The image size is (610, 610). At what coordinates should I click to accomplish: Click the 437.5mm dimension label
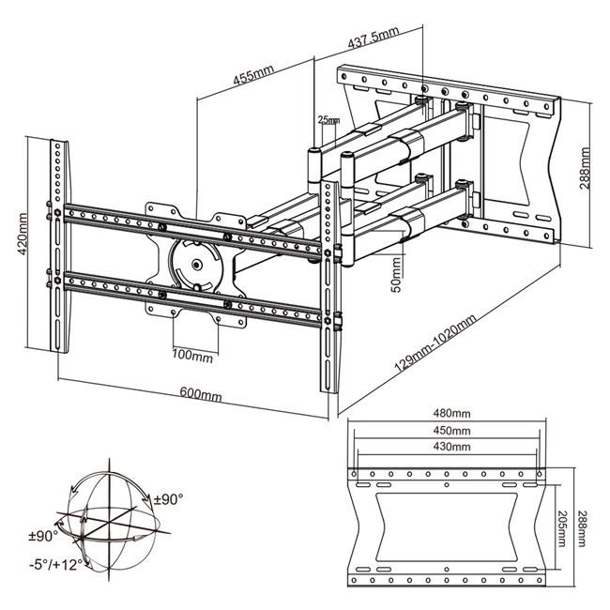tap(374, 38)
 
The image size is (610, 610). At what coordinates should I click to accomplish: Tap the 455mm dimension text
tap(253, 74)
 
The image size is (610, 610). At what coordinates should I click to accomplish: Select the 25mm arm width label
tap(328, 120)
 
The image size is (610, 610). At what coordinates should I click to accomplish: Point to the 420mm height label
tap(23, 234)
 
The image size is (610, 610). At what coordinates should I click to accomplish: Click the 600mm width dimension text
tap(201, 394)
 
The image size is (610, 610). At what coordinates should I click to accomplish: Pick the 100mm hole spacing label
tap(192, 355)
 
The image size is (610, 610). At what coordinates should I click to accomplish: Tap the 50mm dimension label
tap(396, 275)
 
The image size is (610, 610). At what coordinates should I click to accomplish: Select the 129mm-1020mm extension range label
tap(435, 343)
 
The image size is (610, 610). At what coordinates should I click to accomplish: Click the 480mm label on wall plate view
tap(451, 413)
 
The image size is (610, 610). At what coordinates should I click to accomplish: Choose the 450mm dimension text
tap(451, 430)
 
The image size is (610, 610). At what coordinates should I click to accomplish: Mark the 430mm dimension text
tap(451, 446)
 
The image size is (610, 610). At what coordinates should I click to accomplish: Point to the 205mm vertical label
tap(561, 528)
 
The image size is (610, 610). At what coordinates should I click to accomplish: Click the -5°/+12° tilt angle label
tap(56, 564)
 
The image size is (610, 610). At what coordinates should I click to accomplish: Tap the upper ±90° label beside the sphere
tap(168, 498)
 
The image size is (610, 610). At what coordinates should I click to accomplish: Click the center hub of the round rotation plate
tap(197, 265)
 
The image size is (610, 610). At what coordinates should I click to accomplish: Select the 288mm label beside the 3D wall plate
tap(584, 168)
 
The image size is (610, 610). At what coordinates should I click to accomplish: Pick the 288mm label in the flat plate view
tap(581, 528)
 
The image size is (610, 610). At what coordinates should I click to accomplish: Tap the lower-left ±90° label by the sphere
tap(43, 536)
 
